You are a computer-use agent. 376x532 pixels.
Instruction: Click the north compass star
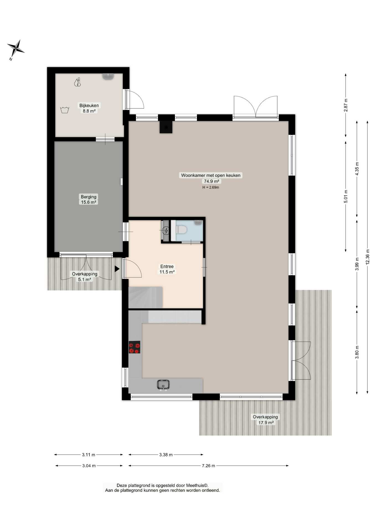[16, 48]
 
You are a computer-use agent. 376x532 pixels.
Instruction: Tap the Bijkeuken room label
[89, 106]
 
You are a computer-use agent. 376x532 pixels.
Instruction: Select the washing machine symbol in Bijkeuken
[65, 110]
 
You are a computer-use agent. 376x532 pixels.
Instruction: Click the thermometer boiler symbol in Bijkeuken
[78, 82]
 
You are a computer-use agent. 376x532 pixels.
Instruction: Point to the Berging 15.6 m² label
[89, 199]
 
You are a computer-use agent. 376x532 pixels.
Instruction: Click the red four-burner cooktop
[135, 347]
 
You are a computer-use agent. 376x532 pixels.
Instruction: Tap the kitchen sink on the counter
[163, 385]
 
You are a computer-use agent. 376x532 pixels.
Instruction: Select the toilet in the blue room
[181, 230]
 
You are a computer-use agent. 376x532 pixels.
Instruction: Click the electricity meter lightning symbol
[166, 231]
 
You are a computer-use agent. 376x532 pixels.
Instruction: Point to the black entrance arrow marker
[117, 268]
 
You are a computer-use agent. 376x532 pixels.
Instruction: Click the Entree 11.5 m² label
[167, 269]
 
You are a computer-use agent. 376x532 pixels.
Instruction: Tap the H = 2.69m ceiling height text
[211, 187]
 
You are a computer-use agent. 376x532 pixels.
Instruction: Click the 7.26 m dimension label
[208, 466]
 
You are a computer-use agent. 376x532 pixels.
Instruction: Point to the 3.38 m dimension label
[166, 455]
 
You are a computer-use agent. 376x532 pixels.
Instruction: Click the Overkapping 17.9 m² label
[265, 420]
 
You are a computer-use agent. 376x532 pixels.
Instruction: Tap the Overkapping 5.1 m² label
[85, 277]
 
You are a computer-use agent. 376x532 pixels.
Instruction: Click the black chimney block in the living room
[166, 127]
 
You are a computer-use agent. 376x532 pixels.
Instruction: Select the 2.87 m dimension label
[346, 105]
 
